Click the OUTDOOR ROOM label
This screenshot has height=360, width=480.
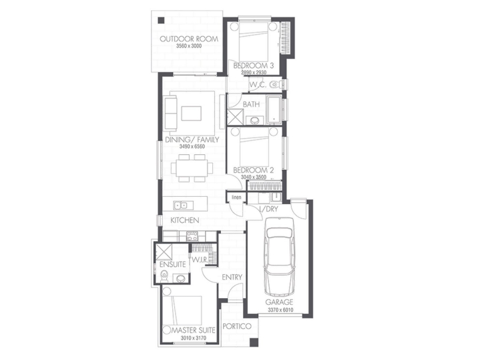pyautogui.click(x=189, y=39)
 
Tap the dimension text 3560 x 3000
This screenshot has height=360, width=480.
pyautogui.click(x=189, y=46)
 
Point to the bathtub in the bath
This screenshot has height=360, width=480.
pyautogui.click(x=274, y=110)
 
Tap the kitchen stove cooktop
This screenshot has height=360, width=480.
pyautogui.click(x=192, y=236)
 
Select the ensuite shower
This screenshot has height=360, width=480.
pyautogui.click(x=164, y=251)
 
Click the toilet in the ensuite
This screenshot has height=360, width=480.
pyautogui.click(x=164, y=277)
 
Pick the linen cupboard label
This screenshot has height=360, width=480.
pyautogui.click(x=236, y=197)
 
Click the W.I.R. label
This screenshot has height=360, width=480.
pyautogui.click(x=200, y=260)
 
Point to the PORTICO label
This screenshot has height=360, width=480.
pyautogui.click(x=237, y=326)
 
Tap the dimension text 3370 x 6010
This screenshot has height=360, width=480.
pyautogui.click(x=280, y=310)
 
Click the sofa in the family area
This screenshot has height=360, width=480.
pyautogui.click(x=170, y=113)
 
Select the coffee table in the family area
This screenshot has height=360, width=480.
pyautogui.click(x=191, y=113)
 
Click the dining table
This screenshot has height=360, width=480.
pyautogui.click(x=192, y=168)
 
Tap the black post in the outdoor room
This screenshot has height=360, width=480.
pyautogui.click(x=161, y=20)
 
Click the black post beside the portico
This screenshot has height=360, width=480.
pyautogui.click(x=254, y=343)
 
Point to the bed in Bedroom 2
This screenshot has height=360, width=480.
pyautogui.click(x=254, y=147)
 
